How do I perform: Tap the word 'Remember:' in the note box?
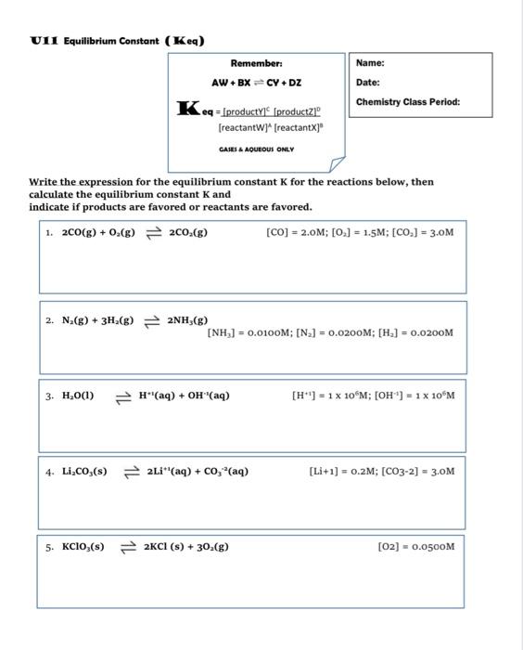(x=256, y=63)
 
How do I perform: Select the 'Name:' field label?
(x=370, y=63)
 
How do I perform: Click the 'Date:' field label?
(x=368, y=82)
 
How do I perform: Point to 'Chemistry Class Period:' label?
(x=407, y=101)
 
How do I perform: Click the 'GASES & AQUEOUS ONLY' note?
(x=256, y=149)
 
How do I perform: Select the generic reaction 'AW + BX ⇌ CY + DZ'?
(x=256, y=83)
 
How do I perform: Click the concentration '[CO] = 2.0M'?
(x=290, y=232)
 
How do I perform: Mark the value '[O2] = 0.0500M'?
(x=416, y=546)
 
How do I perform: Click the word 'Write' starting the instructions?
(x=43, y=182)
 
